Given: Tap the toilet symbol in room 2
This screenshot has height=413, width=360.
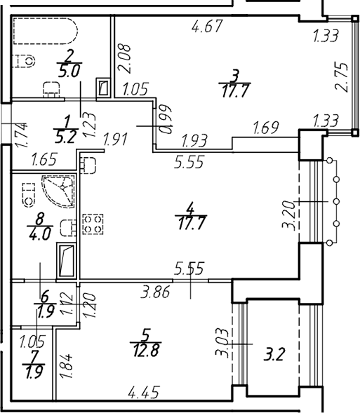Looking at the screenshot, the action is tap(23, 61).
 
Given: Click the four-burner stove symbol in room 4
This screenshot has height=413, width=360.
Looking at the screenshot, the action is tap(93, 224).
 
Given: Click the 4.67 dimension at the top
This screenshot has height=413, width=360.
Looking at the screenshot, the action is tap(208, 26).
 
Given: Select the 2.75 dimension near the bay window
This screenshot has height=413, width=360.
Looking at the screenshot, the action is tap(341, 77).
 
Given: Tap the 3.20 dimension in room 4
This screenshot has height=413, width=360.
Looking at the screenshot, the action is tap(288, 215).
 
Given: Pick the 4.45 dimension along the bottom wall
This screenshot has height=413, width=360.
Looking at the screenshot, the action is tap(144, 393).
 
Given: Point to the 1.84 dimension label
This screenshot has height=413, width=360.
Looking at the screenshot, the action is tap(66, 367).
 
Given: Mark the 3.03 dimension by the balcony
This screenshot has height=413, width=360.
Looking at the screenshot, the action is tap(222, 342).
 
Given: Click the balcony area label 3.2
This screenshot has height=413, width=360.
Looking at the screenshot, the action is tap(274, 354).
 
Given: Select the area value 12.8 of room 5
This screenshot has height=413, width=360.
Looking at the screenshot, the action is tap(147, 351).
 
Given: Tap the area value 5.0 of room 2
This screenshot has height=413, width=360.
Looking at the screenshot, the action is tap(69, 72).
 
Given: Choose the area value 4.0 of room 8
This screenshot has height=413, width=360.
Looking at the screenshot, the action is tap(40, 234).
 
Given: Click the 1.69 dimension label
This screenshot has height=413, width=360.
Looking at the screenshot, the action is tap(266, 128).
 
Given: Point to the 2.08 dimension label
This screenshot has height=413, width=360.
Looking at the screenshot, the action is tap(124, 58).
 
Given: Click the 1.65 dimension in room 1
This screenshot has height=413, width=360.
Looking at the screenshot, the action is tap(44, 160).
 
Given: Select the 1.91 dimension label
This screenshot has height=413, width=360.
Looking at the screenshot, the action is tap(115, 140).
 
